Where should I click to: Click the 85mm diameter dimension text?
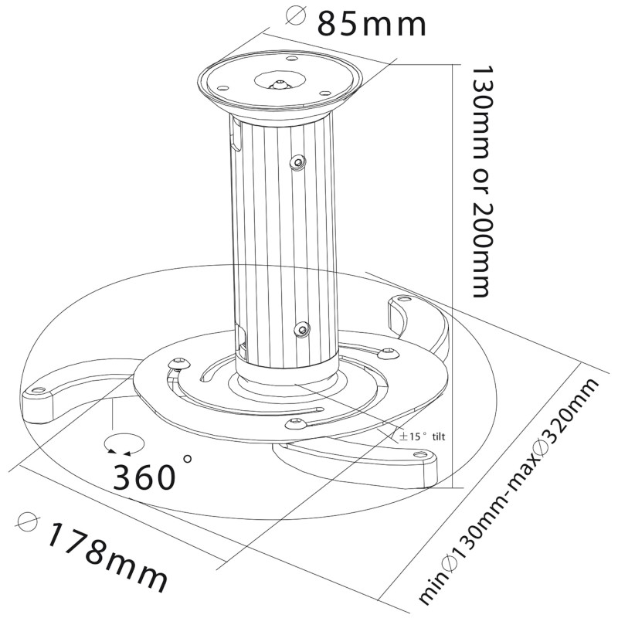[x=372, y=24]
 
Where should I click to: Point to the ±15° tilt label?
[x=422, y=436]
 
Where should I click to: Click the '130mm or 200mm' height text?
[x=480, y=182]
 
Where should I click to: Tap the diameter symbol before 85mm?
[x=296, y=16]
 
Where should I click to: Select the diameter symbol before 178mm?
[x=28, y=523]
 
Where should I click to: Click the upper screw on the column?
[x=297, y=161]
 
